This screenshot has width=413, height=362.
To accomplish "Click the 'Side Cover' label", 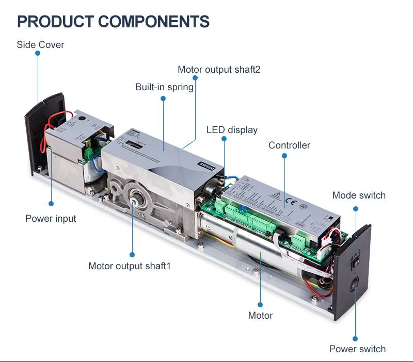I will coord(40,45).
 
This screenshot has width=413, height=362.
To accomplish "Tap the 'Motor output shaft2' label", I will coord(219,70).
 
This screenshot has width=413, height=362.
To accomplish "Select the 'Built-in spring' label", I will coord(164,87).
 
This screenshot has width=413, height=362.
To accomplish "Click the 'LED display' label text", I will coord(232,130).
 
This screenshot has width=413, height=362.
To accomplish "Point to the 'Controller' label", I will coord(289,145).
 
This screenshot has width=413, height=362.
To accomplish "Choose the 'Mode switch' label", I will coord(359,195).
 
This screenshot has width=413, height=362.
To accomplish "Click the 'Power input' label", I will coord(51,219).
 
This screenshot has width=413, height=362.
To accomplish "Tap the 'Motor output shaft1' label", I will coord(129,266).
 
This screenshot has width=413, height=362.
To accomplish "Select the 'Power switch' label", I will coord(357,349).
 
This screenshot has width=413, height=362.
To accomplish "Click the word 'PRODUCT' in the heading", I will coord(55,22).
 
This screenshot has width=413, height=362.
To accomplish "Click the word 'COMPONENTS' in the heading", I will coord(154,22).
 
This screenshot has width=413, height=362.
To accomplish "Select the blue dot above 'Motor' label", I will coord(260,304).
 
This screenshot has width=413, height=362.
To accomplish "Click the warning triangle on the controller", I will coord(276,195).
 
